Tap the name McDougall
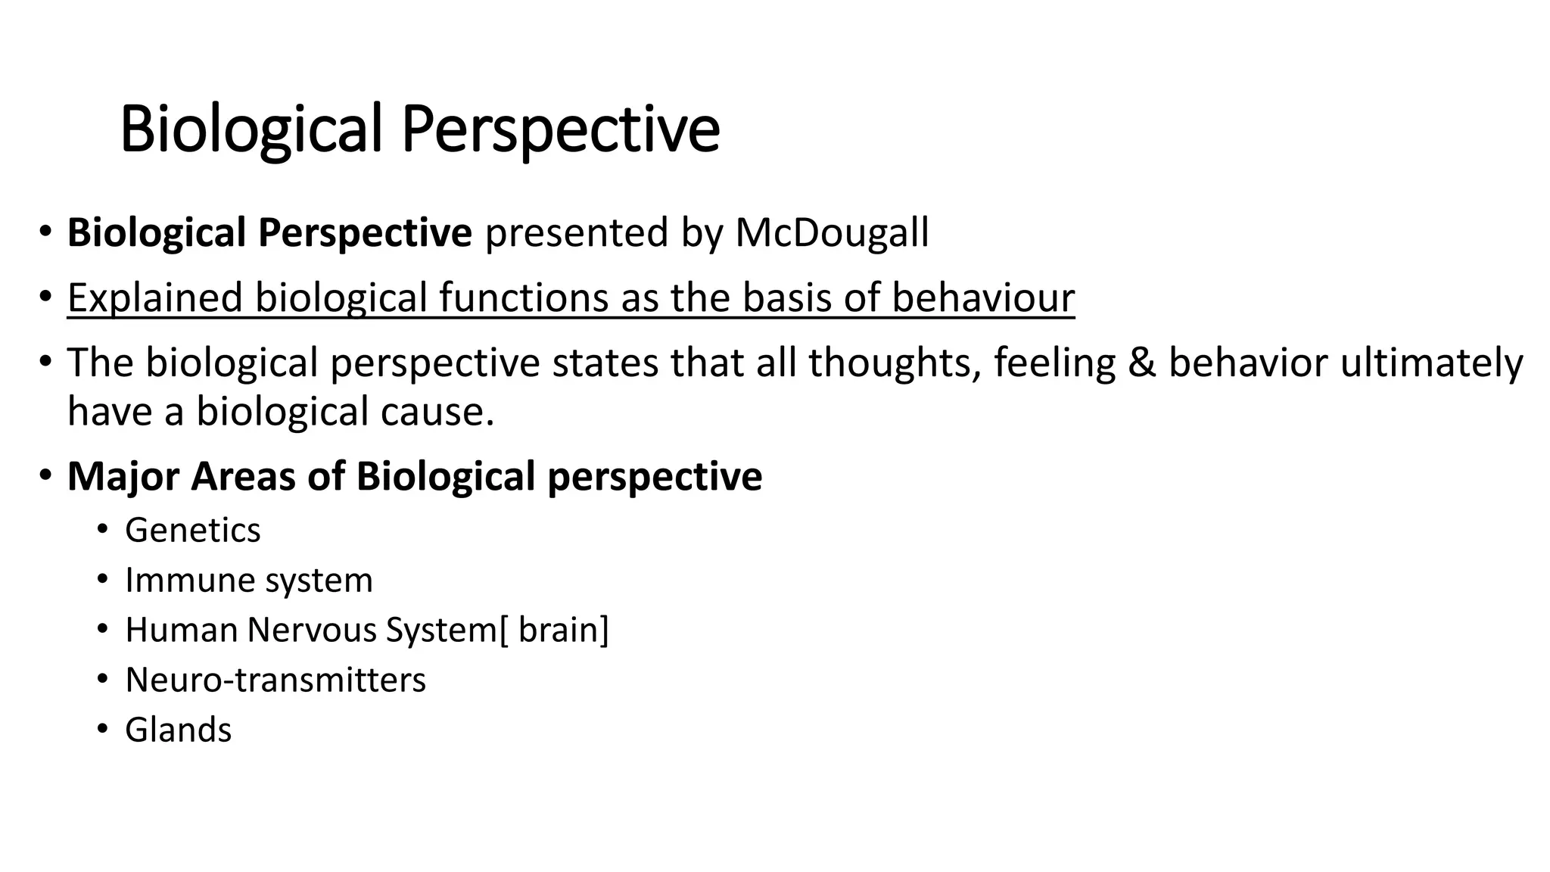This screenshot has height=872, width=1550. [x=831, y=233]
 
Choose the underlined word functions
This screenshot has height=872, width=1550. [x=523, y=297]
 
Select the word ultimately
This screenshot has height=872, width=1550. [x=1431, y=363]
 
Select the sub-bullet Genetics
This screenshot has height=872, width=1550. [x=192, y=530]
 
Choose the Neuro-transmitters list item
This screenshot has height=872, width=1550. [x=275, y=680]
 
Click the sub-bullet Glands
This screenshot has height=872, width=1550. [x=178, y=730]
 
